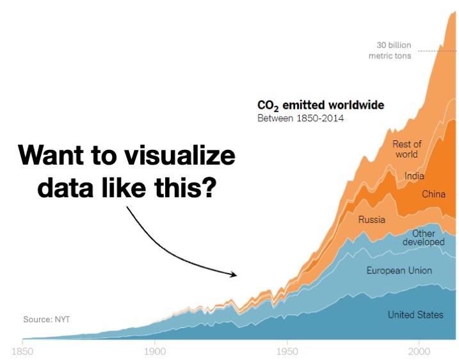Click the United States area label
point(415,315)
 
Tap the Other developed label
point(423,238)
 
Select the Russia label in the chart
point(371,220)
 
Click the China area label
point(433,193)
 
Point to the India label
point(414,176)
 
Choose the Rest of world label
point(407,149)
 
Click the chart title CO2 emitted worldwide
point(320,105)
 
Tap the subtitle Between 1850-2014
point(300,119)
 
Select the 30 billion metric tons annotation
point(392,51)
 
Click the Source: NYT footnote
point(45,318)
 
